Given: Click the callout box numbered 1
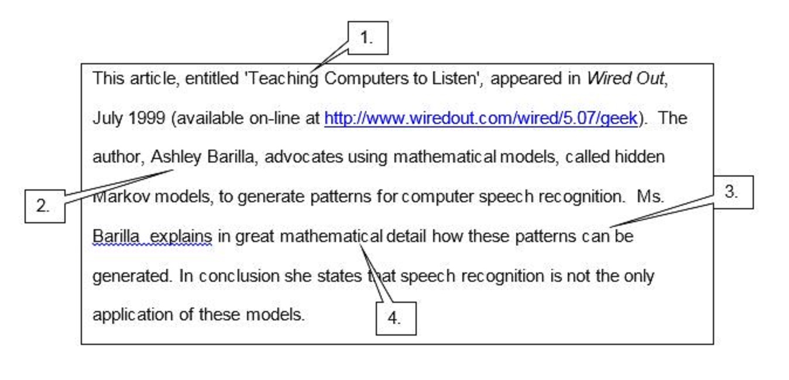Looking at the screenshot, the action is pyautogui.click(x=368, y=38).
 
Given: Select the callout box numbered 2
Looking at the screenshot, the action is pyautogui.click(x=44, y=206).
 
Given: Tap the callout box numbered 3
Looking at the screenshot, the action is pyautogui.click(x=733, y=192).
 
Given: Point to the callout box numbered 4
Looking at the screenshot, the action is pyautogui.click(x=396, y=319).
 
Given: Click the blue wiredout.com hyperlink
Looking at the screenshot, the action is pyautogui.click(x=481, y=119).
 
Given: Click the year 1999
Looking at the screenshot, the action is pyautogui.click(x=146, y=118).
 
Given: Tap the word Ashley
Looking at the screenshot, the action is pyautogui.click(x=176, y=157).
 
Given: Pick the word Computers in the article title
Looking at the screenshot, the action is pyautogui.click(x=366, y=79).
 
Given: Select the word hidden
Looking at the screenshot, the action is pyautogui.click(x=640, y=157).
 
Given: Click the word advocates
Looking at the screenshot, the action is pyautogui.click(x=304, y=157).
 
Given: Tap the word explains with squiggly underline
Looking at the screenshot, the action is pyautogui.click(x=181, y=237).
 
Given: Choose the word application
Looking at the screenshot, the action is pyautogui.click(x=132, y=315).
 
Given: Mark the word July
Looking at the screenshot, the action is pyautogui.click(x=108, y=119).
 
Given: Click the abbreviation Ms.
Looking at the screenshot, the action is pyautogui.click(x=650, y=196).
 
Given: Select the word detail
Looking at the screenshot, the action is pyautogui.click(x=406, y=236).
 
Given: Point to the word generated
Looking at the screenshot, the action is pyautogui.click(x=132, y=277).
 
